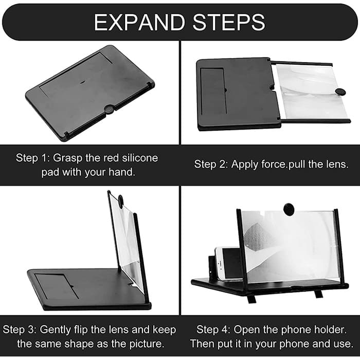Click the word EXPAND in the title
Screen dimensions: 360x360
(x=139, y=22)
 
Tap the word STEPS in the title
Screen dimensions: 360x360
(x=229, y=22)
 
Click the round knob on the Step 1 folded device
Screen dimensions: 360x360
(x=109, y=109)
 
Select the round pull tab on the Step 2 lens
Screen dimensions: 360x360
(x=340, y=92)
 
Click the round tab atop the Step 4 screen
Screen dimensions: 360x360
(x=289, y=209)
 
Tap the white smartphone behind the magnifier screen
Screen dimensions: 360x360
(x=228, y=263)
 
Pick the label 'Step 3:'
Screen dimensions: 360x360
(x=20, y=330)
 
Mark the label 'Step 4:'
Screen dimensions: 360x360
(x=213, y=330)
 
